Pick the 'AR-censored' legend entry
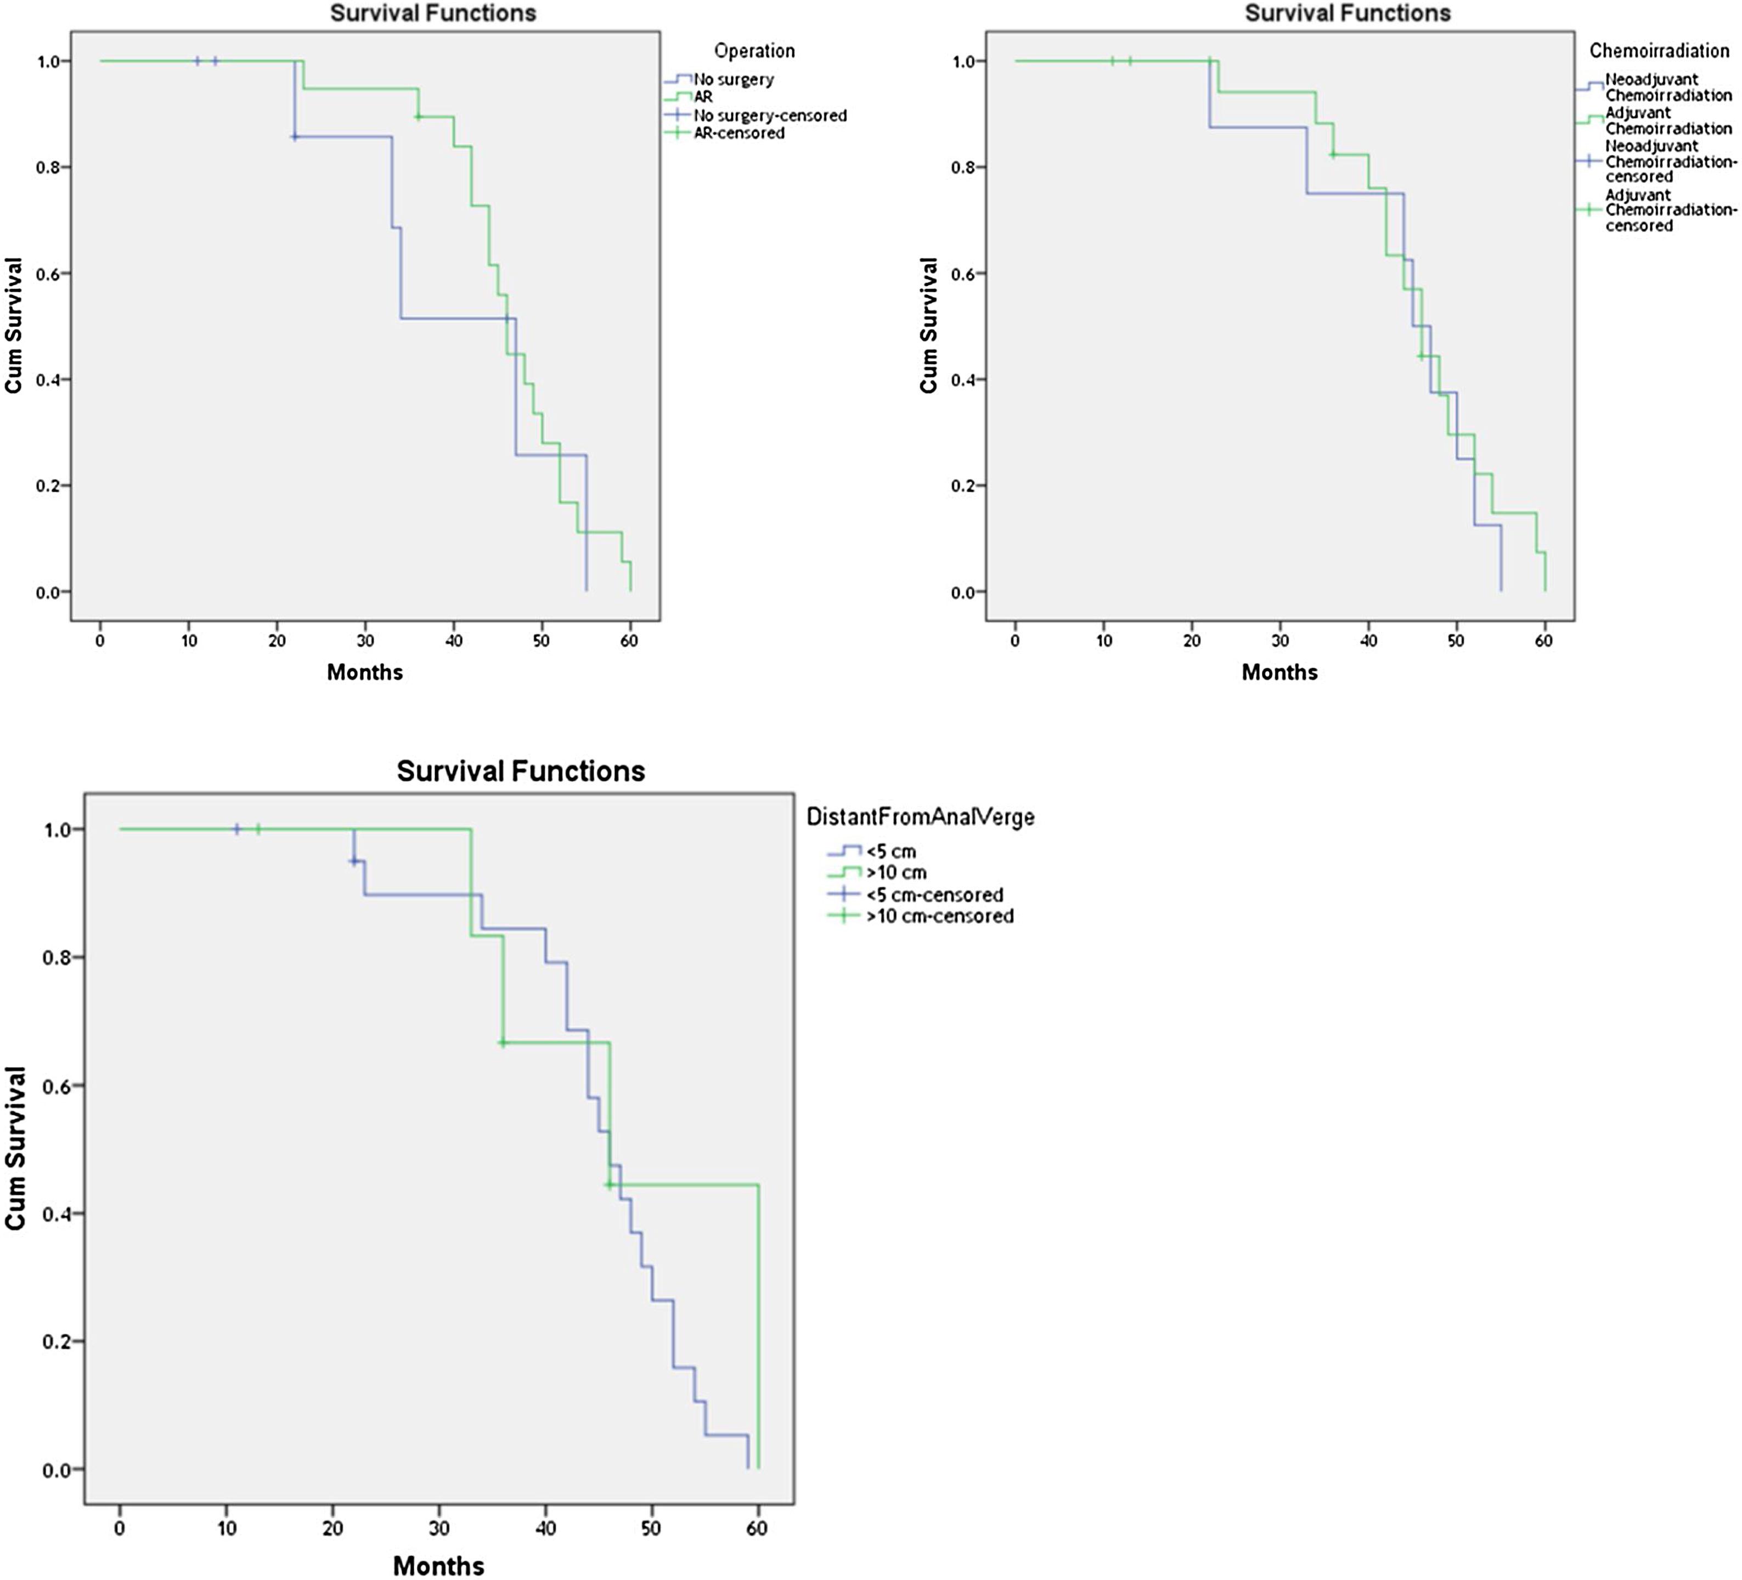pyautogui.click(x=739, y=133)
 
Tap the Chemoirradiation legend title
pyautogui.click(x=1659, y=51)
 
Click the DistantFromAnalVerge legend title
pyautogui.click(x=920, y=816)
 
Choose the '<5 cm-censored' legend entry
pyautogui.click(x=934, y=895)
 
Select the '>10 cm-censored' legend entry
pyautogui.click(x=939, y=916)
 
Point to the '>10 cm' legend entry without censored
pyautogui.click(x=896, y=872)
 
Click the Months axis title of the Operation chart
pyautogui.click(x=365, y=672)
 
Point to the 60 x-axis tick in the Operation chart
pyautogui.click(x=629, y=641)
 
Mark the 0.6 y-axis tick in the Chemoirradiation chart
pyautogui.click(x=962, y=274)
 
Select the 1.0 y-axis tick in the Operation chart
pyautogui.click(x=48, y=61)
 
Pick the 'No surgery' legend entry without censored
pyautogui.click(x=734, y=80)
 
